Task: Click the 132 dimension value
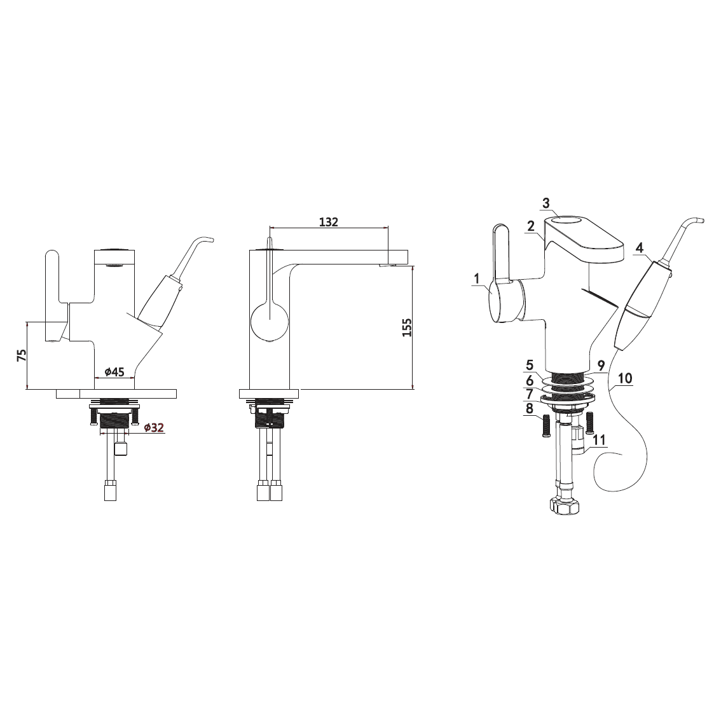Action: pos(328,222)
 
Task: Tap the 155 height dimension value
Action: pos(407,327)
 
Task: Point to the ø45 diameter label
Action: pos(114,372)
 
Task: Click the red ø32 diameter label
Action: pos(153,428)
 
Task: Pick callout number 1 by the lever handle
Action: pos(477,278)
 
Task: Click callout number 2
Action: pos(530,226)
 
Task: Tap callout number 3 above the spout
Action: pos(546,203)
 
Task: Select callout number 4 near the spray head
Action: pos(640,248)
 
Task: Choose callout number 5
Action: pos(530,365)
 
